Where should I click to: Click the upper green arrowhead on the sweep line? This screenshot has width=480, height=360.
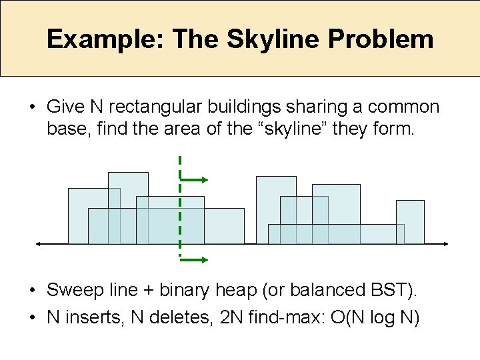pyautogui.click(x=205, y=179)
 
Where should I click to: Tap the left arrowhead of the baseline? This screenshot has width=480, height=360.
pyautogui.click(x=39, y=244)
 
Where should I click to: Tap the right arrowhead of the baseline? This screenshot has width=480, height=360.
pyautogui.click(x=447, y=244)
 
